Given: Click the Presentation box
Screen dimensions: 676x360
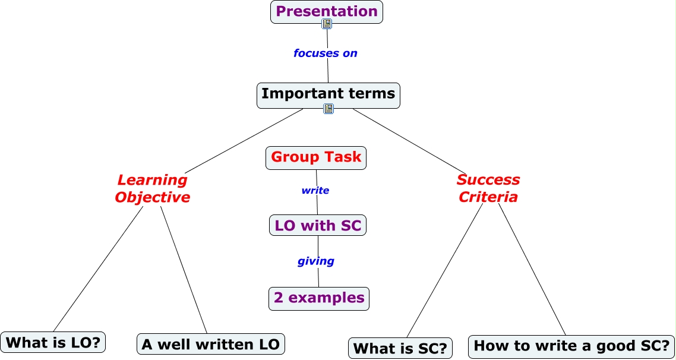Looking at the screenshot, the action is pos(326,12).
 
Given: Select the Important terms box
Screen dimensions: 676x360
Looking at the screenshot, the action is pos(328,95).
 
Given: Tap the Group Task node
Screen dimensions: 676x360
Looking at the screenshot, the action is pos(316,158).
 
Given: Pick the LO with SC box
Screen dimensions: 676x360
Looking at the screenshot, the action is pos(318,226).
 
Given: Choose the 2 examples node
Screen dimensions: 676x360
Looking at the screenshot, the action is pos(319,299).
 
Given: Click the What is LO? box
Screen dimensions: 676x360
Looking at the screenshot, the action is pos(53,342).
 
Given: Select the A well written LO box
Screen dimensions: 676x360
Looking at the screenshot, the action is pos(211,344).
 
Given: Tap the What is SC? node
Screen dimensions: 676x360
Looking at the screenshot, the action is pos(400,348).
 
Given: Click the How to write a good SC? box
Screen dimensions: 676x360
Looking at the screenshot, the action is pos(571,347).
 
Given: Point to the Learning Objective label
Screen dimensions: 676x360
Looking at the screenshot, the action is pos(153,188).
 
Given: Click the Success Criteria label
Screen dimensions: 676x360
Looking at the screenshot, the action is pos(488,188).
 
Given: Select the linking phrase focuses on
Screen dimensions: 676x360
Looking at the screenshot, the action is pos(326,53).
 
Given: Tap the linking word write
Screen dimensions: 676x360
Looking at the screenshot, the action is pos(315,190).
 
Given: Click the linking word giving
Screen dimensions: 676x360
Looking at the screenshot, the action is pos(316,261).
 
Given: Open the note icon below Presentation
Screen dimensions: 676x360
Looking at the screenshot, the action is pos(327,24).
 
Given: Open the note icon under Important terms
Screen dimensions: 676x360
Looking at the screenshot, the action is pos(328,109).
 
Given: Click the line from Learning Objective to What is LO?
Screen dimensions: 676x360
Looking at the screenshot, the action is pos(98,269).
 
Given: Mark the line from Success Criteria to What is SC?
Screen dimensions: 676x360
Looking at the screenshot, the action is pos(445,270).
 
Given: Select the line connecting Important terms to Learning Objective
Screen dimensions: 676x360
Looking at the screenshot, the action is pos(244,141).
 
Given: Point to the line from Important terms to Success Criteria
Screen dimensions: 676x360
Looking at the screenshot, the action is pos(409,141).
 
